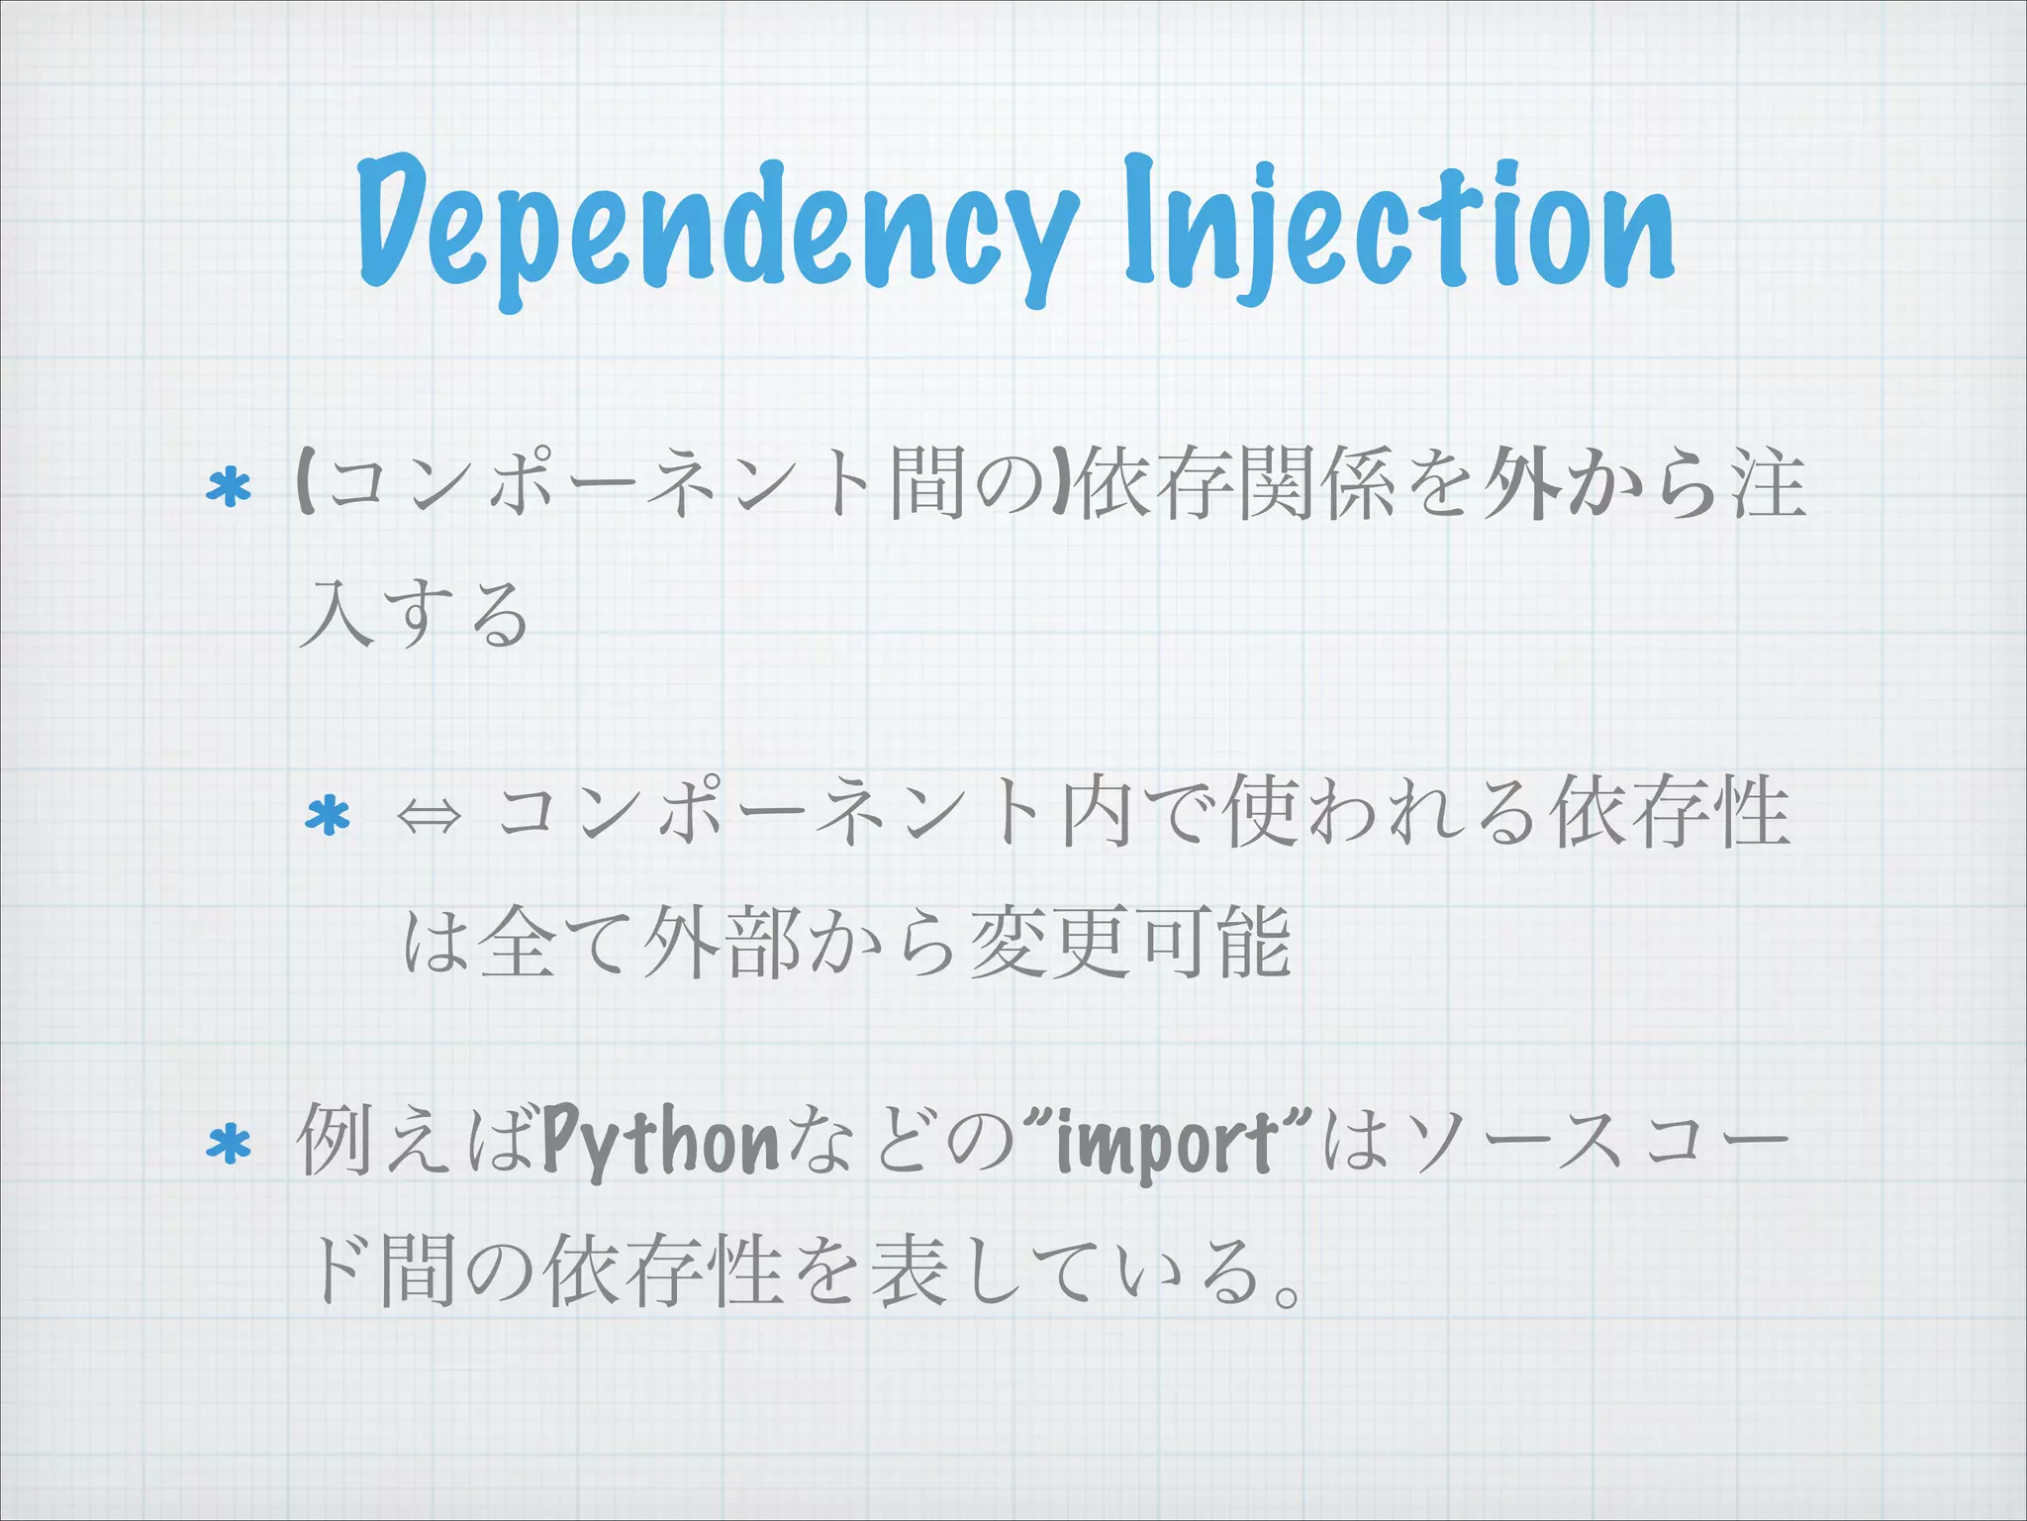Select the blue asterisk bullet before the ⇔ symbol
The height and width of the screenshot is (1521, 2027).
(328, 817)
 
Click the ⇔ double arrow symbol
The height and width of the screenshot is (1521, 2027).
(429, 818)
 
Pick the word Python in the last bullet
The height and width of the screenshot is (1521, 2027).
(660, 1144)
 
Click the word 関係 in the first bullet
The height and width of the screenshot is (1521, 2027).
(1317, 485)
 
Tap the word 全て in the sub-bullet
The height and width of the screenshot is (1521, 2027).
(554, 943)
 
